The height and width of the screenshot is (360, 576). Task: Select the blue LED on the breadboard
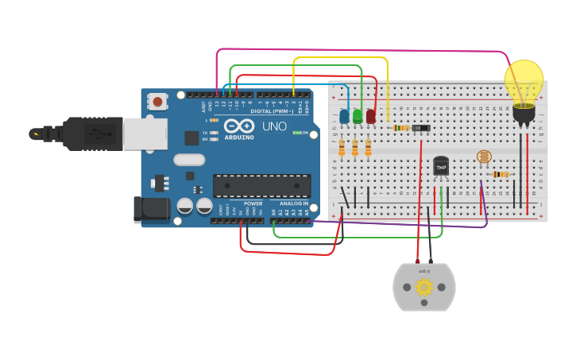pyautogui.click(x=344, y=117)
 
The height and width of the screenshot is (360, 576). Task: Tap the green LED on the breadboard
pyautogui.click(x=358, y=116)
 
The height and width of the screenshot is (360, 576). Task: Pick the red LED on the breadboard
pyautogui.click(x=370, y=116)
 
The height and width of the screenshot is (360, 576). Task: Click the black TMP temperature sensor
pyautogui.click(x=441, y=167)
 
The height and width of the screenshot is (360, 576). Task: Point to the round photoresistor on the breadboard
pyautogui.click(x=482, y=157)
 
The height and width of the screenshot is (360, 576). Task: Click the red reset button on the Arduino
pyautogui.click(x=158, y=101)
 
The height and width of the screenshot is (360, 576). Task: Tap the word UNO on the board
pyautogui.click(x=274, y=126)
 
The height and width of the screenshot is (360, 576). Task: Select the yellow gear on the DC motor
pyautogui.click(x=424, y=287)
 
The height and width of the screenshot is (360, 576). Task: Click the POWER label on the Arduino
pyautogui.click(x=253, y=203)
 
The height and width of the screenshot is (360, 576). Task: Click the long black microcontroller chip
pyautogui.click(x=261, y=185)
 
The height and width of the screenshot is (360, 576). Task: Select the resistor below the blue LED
pyautogui.click(x=342, y=149)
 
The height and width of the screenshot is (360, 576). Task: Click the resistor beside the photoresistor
pyautogui.click(x=501, y=174)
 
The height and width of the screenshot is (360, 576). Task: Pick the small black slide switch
pyautogui.click(x=421, y=127)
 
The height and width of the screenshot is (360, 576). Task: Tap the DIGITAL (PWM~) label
pyautogui.click(x=271, y=111)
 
